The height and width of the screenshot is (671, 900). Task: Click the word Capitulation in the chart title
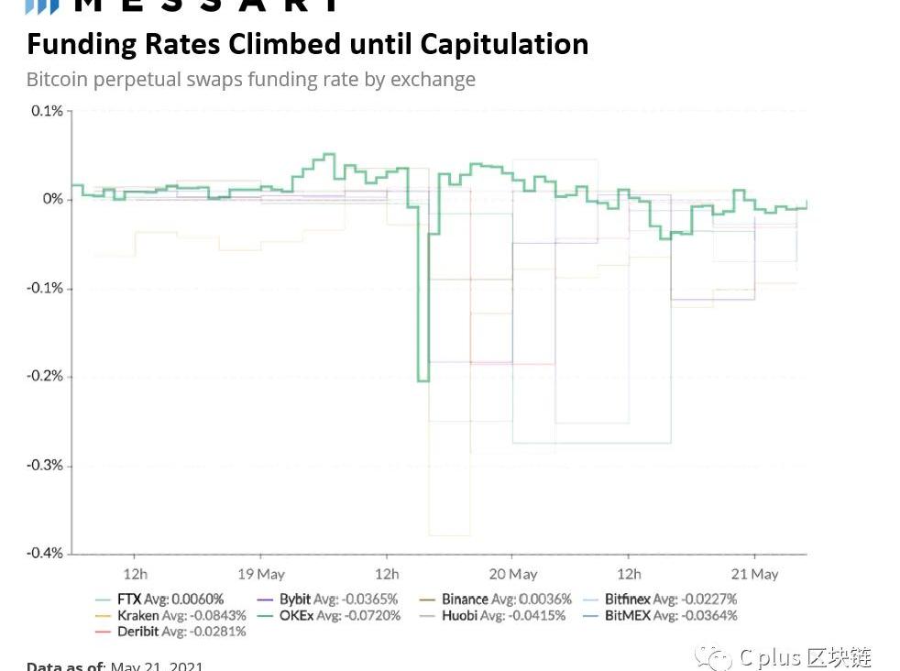(504, 44)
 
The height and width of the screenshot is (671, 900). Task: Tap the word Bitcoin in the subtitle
(57, 80)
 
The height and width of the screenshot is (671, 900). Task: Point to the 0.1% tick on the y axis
(47, 111)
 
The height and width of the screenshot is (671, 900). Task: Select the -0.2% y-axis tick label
(44, 377)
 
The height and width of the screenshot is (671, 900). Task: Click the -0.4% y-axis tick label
(44, 554)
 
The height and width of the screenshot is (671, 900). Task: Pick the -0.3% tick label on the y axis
(44, 466)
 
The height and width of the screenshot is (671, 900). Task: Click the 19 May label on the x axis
(261, 575)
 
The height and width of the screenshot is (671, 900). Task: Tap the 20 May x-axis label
(512, 575)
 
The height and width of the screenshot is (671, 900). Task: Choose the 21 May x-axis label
(755, 575)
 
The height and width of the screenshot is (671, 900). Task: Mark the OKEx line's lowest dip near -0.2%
(423, 379)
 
